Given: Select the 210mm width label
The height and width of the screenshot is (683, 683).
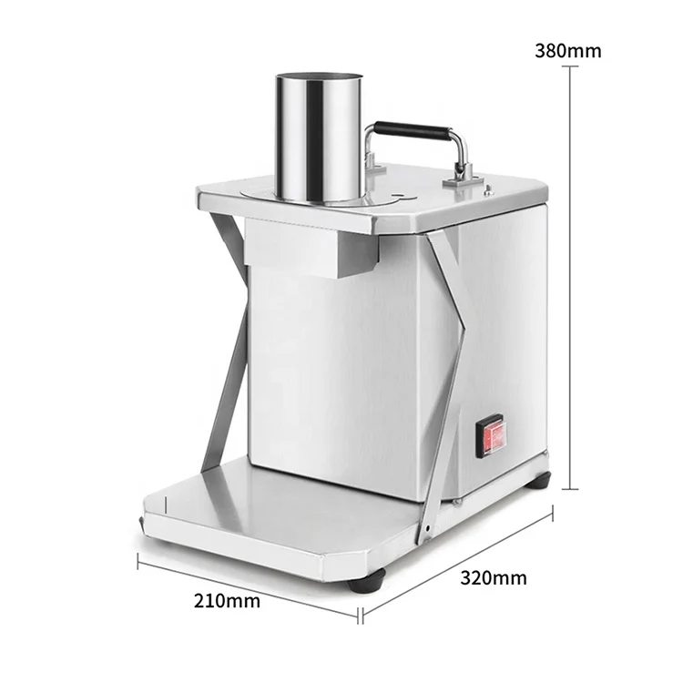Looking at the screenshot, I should point(227,601).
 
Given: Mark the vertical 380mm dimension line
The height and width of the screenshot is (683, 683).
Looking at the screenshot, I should point(571,273).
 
